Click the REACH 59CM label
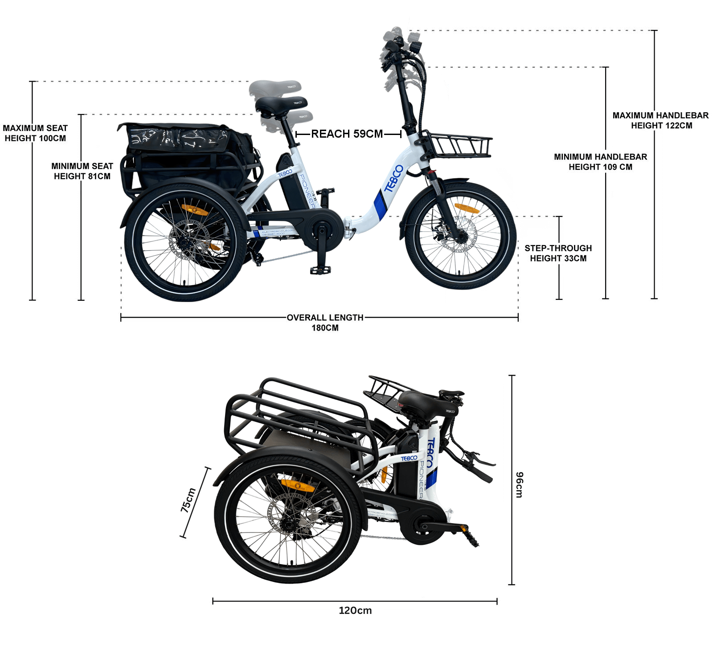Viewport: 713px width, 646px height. coord(347,134)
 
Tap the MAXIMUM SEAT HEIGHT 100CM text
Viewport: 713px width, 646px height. coord(35,133)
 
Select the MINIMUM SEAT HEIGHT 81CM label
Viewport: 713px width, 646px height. coord(82,171)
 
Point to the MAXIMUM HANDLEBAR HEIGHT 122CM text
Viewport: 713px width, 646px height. coord(661,120)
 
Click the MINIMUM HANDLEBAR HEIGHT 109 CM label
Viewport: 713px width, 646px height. coord(600,162)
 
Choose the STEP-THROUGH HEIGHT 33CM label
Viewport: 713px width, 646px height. coord(558,253)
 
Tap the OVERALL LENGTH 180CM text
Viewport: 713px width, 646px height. coord(325,322)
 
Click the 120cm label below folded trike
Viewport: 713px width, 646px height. coord(355,610)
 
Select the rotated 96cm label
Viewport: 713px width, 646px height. coord(520,484)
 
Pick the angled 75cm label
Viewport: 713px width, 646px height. coord(188,500)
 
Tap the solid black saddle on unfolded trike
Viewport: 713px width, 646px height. coord(281,105)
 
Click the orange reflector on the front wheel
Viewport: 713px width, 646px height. coord(466,209)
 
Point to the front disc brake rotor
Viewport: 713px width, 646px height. coord(459,235)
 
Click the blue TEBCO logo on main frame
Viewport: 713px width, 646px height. coord(393,178)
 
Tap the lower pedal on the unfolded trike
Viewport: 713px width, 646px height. coord(321,270)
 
